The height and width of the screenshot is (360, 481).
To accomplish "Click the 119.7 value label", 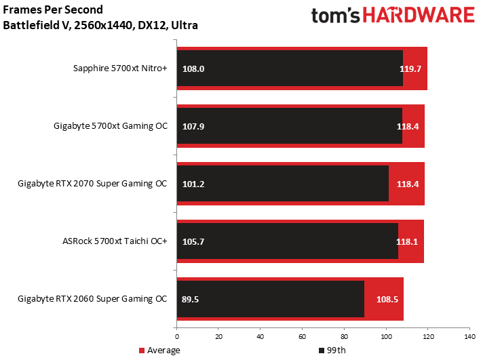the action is coord(410,68).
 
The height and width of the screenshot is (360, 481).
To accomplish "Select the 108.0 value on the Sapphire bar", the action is coord(193,68).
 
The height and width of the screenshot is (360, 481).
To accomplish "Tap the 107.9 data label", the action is coord(193,126).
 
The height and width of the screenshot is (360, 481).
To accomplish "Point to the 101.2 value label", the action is coord(193,184).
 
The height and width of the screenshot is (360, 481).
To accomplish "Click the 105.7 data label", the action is coord(193,241).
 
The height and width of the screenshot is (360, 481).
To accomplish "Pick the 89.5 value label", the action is coord(190,299).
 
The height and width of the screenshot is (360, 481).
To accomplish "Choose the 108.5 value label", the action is coord(387,299).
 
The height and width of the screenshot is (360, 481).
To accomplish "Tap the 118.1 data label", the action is coord(407,241).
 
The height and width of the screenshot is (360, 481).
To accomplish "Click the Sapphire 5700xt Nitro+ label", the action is coord(120,68).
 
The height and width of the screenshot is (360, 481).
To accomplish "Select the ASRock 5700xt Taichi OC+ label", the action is coord(115,241).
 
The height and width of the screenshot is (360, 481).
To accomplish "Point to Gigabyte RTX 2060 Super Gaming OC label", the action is coord(92,299).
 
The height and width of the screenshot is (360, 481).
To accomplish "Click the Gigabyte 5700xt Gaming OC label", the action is coord(111,126).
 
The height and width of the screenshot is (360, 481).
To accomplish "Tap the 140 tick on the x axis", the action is coord(469,337).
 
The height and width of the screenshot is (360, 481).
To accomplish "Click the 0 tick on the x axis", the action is coord(176,337).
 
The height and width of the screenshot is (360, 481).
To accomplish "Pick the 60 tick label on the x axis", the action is coord(302,337).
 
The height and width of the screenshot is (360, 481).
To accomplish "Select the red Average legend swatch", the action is coord(142,351).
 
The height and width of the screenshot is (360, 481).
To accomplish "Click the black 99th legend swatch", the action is coord(322,351).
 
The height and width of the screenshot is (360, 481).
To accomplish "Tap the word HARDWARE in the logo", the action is coord(419,15).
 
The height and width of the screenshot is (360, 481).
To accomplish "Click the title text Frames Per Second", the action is coord(53,9).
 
